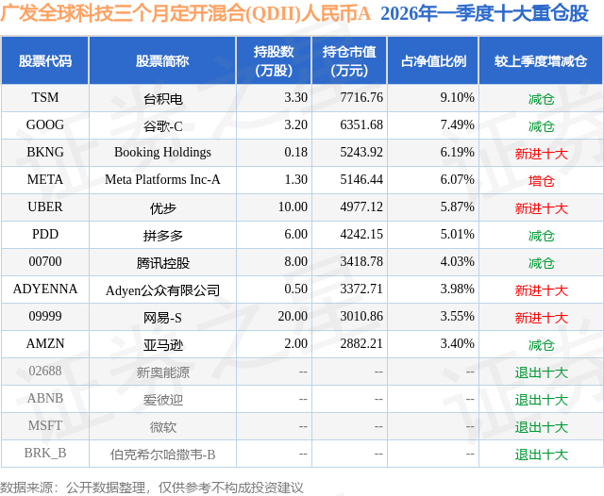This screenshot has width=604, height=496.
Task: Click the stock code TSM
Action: click(x=45, y=97)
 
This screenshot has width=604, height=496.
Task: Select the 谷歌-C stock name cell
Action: click(x=162, y=125)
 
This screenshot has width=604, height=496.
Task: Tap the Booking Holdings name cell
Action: click(x=162, y=152)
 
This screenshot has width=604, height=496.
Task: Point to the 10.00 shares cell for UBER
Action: click(x=289, y=207)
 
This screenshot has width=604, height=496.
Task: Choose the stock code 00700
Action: click(x=45, y=262)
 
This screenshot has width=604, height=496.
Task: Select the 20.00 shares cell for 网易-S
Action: click(x=289, y=318)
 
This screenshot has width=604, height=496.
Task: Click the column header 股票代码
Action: click(x=45, y=61)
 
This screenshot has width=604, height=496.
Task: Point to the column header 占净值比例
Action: click(x=434, y=61)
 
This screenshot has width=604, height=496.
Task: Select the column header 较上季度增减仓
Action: click(x=541, y=61)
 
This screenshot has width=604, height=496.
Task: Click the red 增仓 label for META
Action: click(x=541, y=180)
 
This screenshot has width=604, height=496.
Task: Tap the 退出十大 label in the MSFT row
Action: click(x=541, y=427)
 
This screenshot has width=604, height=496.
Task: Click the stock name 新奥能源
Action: click(x=162, y=372)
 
